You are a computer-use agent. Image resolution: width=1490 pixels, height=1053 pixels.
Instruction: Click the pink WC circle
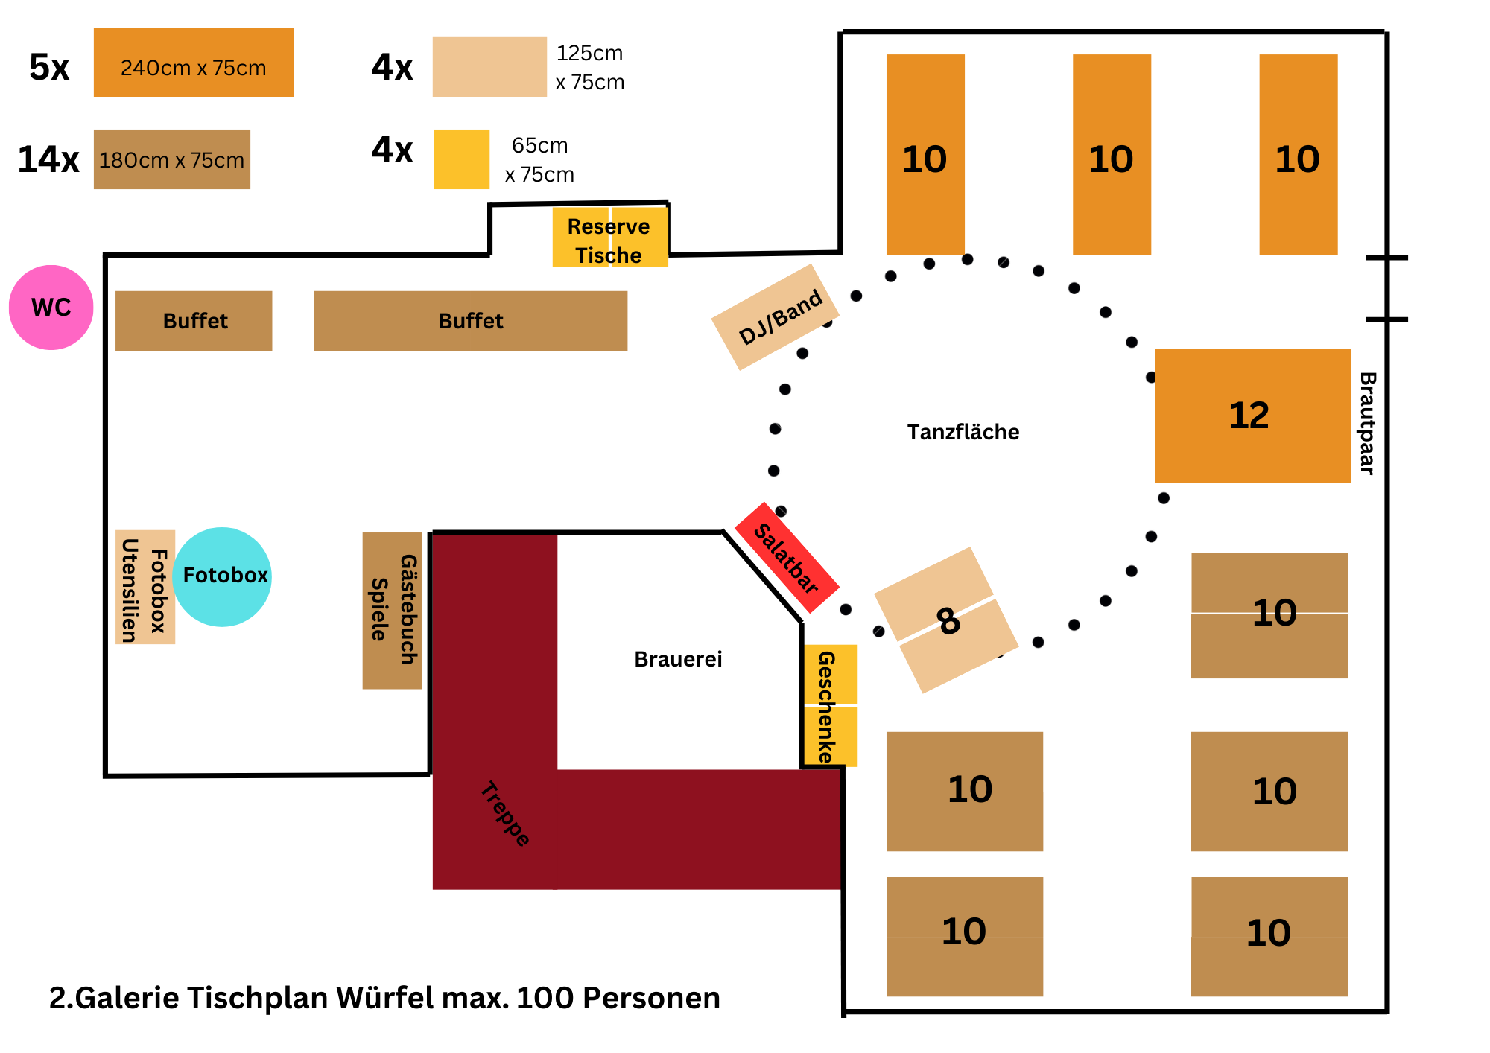tap(51, 307)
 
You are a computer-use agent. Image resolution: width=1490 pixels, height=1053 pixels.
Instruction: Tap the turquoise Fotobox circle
tap(222, 576)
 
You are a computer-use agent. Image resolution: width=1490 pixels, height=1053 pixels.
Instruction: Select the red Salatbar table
tap(787, 558)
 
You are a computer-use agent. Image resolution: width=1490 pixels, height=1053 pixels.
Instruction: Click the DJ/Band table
tap(776, 317)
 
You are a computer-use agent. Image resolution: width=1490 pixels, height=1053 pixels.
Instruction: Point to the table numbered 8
tap(946, 620)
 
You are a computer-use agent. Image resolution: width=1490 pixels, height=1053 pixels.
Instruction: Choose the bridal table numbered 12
tap(1252, 416)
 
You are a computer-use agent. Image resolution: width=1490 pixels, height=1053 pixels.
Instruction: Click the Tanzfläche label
tap(963, 432)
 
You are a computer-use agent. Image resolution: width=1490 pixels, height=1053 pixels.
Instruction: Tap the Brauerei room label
tap(678, 659)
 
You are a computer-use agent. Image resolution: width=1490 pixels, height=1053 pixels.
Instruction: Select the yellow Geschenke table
tap(830, 705)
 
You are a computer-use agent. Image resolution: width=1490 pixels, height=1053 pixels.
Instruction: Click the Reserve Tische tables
tap(609, 238)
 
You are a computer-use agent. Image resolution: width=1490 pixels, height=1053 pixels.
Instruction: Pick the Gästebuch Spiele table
tap(392, 611)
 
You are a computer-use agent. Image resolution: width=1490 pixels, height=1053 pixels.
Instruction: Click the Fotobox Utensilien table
tap(145, 587)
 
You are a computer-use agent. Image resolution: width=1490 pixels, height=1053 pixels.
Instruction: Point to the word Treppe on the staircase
tap(504, 814)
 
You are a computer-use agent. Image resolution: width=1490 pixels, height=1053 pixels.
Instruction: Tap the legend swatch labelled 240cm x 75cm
tap(194, 63)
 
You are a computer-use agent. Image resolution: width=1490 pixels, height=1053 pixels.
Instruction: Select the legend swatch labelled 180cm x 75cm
tap(171, 159)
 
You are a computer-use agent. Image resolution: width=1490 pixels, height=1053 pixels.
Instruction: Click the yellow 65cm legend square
tap(462, 159)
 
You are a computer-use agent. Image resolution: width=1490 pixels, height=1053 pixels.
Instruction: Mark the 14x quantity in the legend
tap(48, 159)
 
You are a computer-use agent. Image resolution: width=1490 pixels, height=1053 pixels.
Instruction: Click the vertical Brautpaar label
tap(1367, 423)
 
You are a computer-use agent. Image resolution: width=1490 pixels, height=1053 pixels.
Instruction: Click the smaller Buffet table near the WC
tap(194, 321)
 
